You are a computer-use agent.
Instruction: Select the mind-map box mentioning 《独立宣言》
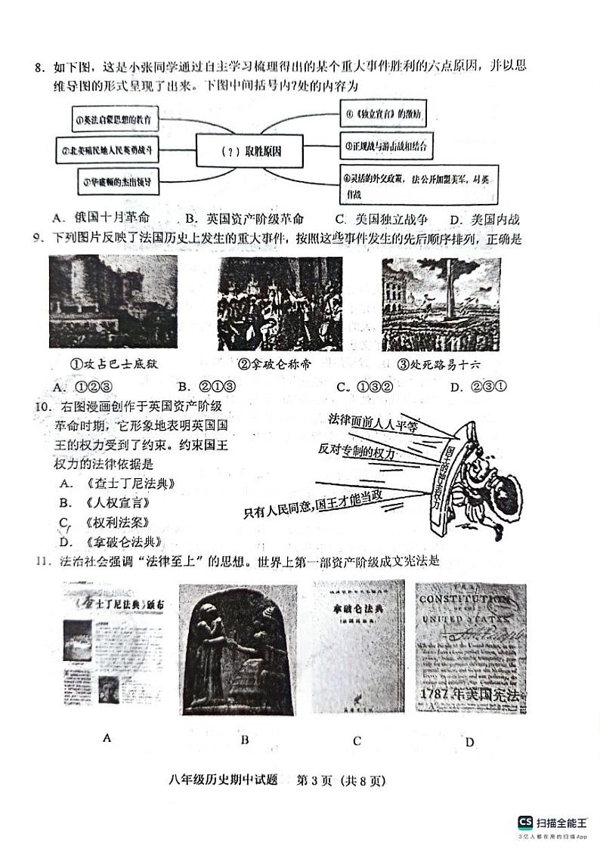383,115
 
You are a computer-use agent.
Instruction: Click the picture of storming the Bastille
113,302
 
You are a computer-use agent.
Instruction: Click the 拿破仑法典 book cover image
357,647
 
